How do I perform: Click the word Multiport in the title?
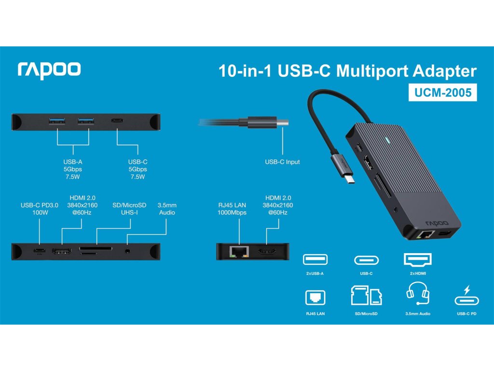376,71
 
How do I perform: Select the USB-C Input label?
282,162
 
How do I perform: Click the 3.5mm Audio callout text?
166,209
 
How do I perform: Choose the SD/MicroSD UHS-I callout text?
130,209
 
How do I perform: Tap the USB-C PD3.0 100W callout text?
40,209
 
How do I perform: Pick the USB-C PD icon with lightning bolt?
467,296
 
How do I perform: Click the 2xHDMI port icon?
418,259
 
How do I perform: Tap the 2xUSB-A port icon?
315,260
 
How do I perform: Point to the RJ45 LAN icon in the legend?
315,297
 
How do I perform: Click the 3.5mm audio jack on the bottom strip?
127,251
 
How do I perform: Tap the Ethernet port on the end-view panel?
239,251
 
